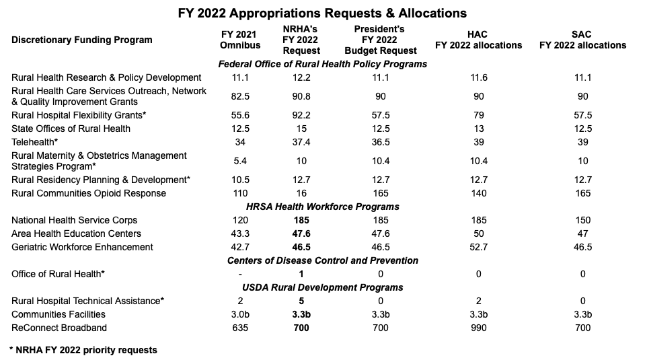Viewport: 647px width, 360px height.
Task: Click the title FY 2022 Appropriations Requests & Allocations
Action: pos(323,13)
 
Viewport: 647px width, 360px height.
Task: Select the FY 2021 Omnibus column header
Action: pos(240,40)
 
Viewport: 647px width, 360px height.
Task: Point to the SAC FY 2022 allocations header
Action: pos(582,40)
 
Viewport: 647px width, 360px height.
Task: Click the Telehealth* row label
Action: pos(33,142)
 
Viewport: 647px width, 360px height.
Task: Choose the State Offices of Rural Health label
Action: pos(71,129)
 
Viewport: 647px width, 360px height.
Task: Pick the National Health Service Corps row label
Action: pos(74,220)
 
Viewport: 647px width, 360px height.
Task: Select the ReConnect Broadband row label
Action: pos(59,328)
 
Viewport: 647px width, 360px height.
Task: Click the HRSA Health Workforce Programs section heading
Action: pos(323,207)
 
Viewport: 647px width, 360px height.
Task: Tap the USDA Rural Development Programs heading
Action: pos(323,287)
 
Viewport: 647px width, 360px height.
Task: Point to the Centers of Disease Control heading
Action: pos(323,260)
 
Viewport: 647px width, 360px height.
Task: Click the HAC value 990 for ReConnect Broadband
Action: pos(478,328)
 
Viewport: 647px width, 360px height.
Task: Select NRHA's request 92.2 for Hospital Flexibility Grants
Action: pos(301,115)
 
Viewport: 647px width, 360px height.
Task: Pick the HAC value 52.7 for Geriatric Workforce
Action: pos(478,247)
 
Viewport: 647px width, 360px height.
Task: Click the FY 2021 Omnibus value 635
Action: pos(240,328)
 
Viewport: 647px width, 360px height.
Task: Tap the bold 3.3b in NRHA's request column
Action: pos(301,314)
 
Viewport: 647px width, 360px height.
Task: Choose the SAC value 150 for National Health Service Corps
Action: pos(582,220)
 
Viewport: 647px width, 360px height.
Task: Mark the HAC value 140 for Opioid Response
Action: pos(478,193)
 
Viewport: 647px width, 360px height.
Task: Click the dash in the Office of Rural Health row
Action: pos(240,274)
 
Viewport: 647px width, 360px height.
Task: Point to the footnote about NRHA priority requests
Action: pos(83,350)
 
